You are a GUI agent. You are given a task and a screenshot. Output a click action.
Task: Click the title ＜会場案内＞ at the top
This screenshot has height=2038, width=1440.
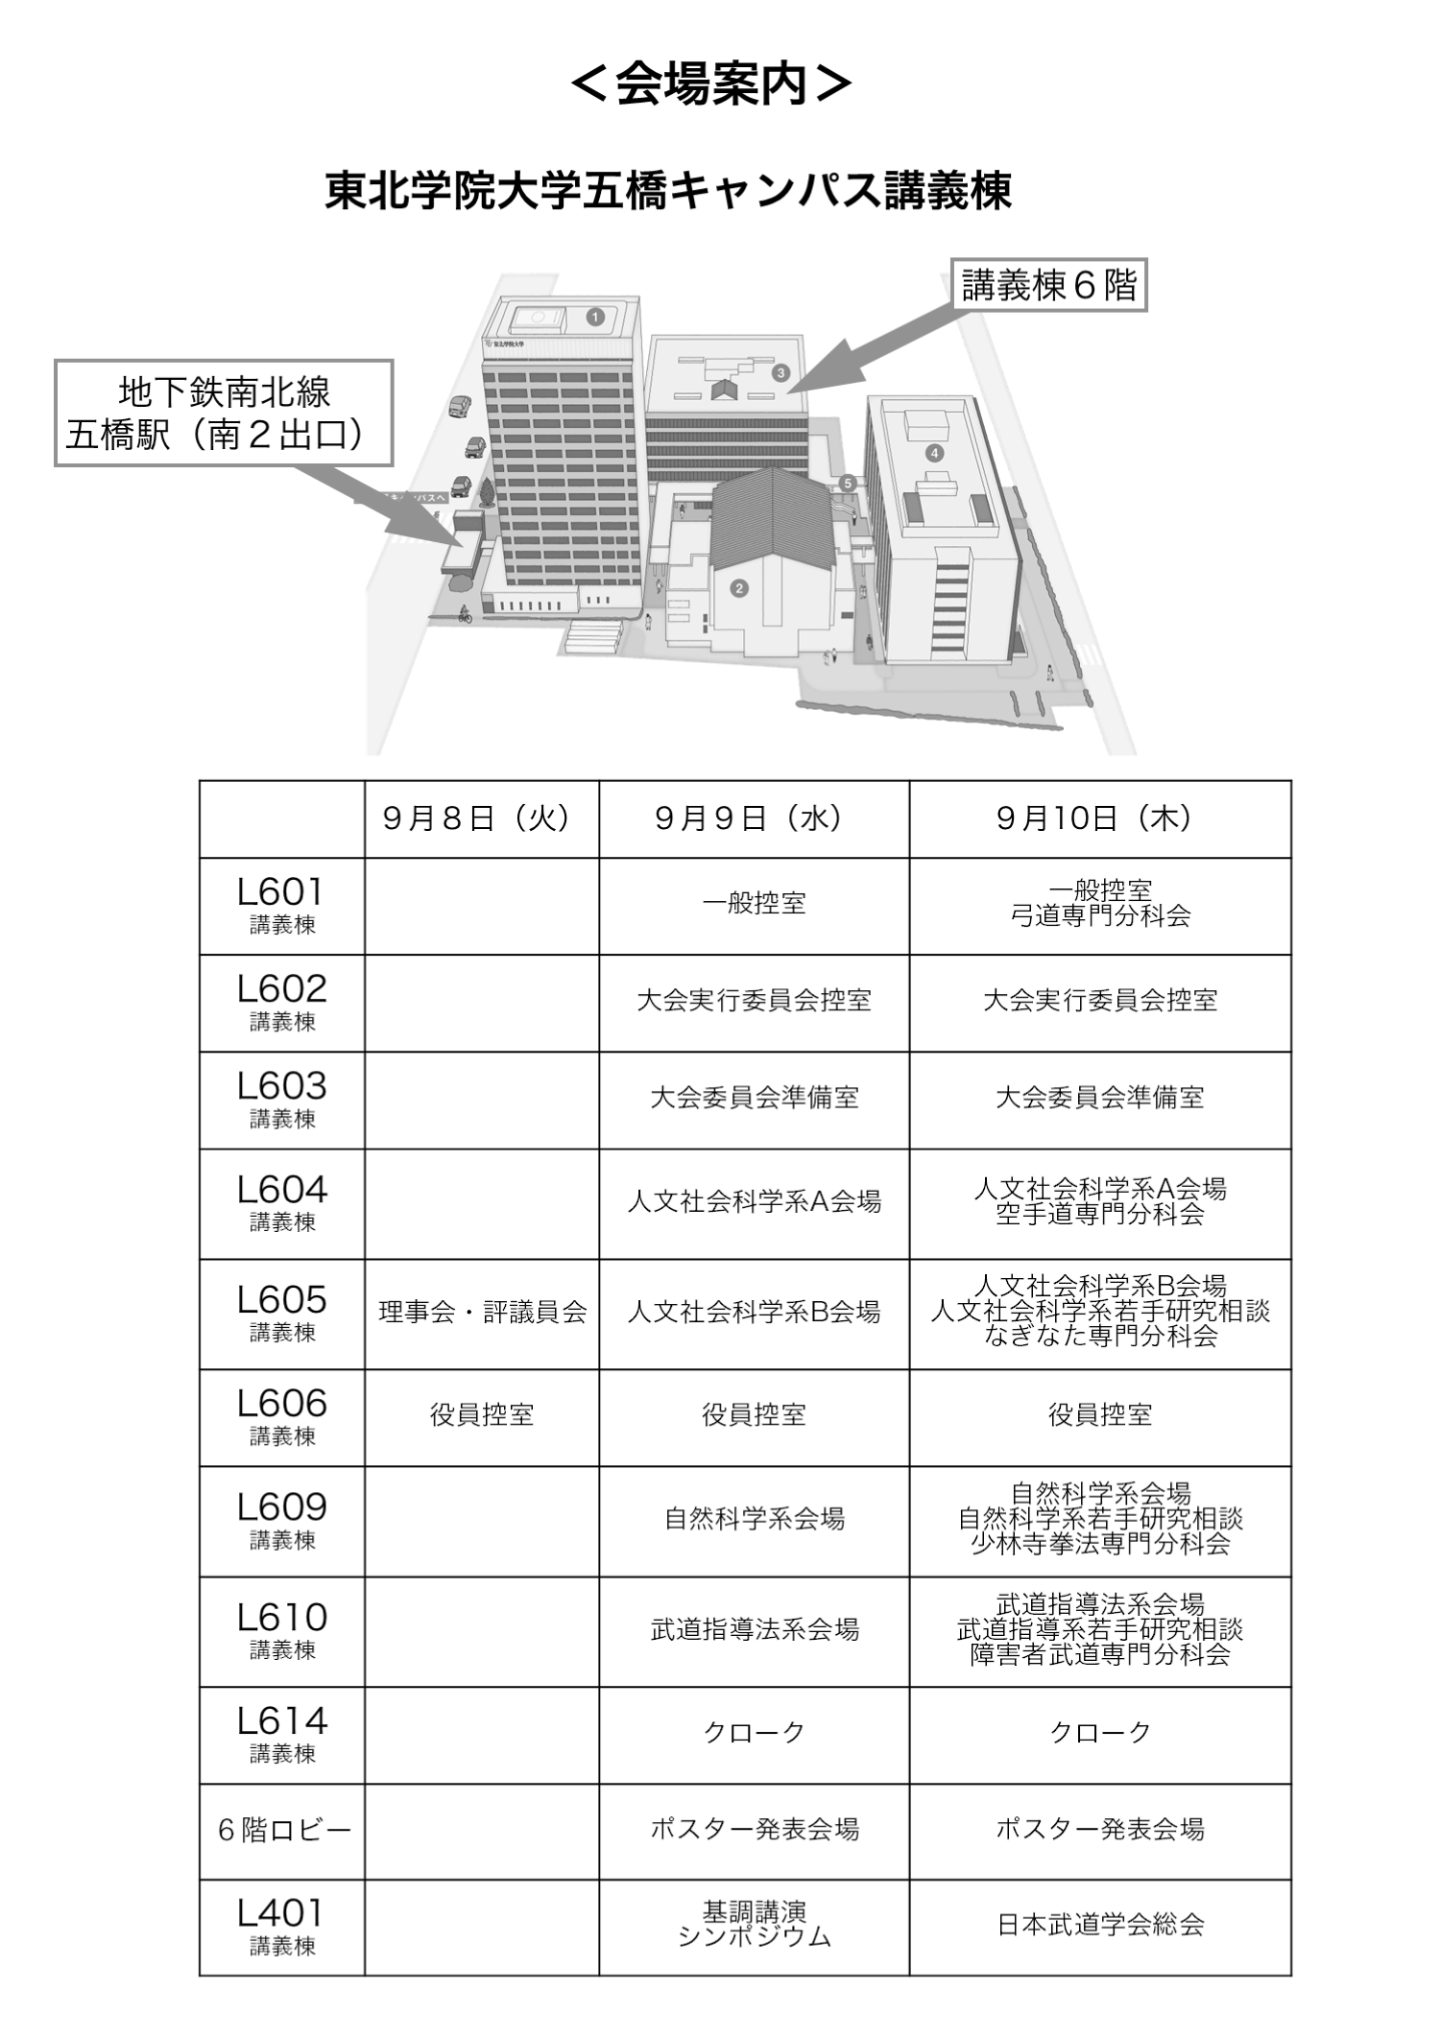(711, 83)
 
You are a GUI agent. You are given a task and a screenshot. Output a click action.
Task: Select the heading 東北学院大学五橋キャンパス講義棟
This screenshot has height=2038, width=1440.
(668, 190)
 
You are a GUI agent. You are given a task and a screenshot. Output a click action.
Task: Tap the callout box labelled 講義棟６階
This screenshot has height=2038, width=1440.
(1048, 285)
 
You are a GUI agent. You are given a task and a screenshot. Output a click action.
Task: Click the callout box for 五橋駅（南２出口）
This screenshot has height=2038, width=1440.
(224, 413)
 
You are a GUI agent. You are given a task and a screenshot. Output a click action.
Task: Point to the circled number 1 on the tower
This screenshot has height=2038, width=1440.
(595, 317)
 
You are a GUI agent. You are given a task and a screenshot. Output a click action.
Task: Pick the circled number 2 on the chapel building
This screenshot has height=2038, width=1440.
(739, 588)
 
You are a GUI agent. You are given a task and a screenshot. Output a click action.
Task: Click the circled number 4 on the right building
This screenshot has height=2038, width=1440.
(934, 453)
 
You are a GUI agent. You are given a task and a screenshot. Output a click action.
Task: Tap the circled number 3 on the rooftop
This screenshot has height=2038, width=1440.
(781, 372)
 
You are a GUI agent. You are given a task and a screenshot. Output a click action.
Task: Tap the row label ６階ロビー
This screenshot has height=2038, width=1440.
(284, 1830)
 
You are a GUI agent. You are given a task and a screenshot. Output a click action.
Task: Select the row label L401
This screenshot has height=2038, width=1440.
(281, 1926)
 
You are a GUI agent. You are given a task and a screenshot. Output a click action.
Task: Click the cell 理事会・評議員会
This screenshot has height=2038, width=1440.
(482, 1312)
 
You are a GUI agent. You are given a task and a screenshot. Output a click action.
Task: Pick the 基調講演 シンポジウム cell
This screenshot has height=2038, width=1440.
(755, 1924)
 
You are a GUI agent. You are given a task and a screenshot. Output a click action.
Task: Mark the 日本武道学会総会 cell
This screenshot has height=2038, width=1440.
(1100, 1925)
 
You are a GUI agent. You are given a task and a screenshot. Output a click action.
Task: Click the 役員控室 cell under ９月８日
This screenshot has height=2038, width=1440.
(482, 1414)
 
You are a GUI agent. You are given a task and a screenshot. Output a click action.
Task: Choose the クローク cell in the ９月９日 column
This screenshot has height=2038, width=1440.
(755, 1732)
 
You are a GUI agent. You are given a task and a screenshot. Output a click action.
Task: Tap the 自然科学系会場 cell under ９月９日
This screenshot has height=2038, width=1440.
(755, 1519)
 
